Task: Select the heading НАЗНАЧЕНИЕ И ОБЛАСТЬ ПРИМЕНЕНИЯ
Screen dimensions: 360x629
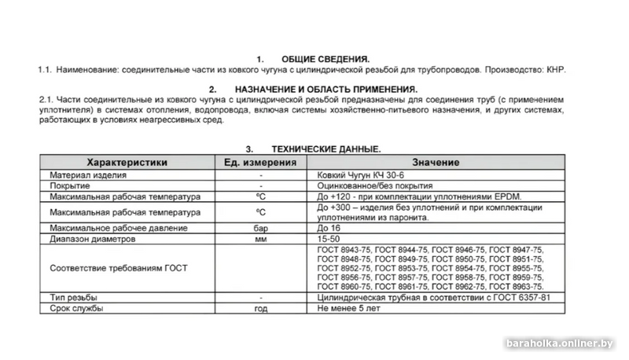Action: point(329,90)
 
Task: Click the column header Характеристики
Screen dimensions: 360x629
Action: point(127,162)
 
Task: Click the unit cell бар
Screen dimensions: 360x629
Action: point(260,228)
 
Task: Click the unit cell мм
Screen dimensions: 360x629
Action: point(260,238)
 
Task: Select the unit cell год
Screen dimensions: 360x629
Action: point(260,309)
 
